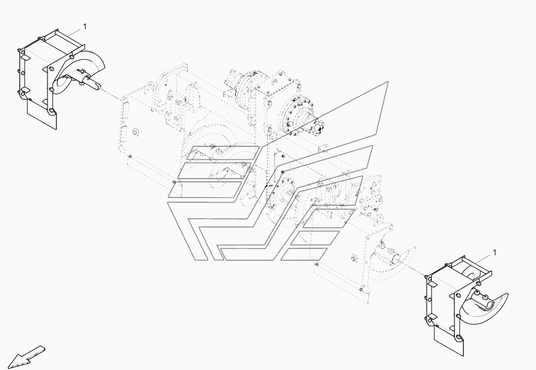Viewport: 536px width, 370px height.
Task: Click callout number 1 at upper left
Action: tap(85, 26)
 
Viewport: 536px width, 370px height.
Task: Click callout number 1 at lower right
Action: tap(495, 252)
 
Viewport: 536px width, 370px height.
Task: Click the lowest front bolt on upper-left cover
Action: tap(51, 110)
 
